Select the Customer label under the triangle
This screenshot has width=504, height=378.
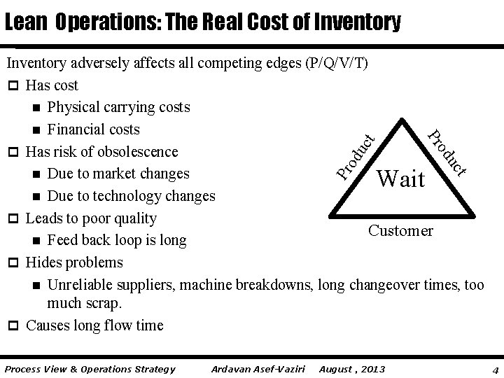[x=401, y=230]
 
